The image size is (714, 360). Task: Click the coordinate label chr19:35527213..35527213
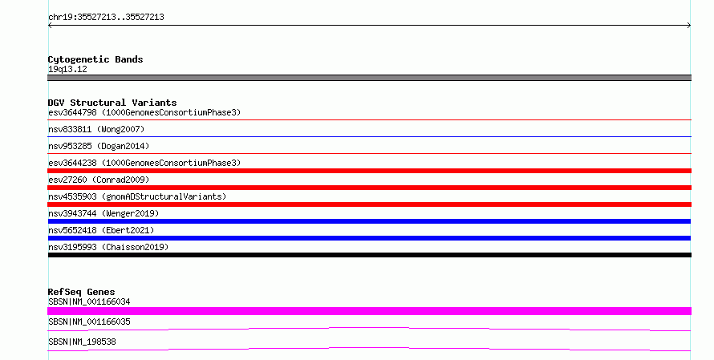click(x=106, y=18)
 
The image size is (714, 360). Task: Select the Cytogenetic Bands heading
click(x=95, y=59)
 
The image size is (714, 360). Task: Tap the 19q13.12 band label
click(x=67, y=69)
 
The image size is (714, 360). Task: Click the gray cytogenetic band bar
click(x=369, y=78)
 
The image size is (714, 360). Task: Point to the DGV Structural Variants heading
click(x=112, y=103)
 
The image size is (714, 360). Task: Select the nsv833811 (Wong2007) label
click(x=96, y=129)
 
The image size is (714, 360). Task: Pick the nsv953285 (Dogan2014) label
click(x=99, y=146)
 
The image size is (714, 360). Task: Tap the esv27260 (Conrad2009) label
click(x=99, y=180)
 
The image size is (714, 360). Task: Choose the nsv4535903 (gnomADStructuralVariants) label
click(x=137, y=196)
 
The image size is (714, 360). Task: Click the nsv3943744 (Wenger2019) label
click(x=103, y=213)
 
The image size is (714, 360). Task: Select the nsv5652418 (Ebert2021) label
click(x=101, y=230)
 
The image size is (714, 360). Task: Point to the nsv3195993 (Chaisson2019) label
click(x=108, y=247)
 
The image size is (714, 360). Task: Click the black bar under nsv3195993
click(x=370, y=255)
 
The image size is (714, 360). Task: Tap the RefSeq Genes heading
click(x=82, y=292)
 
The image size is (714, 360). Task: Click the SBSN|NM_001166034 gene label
click(x=89, y=301)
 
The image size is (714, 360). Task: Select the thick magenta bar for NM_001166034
click(x=369, y=311)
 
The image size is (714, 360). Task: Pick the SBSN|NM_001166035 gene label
click(x=89, y=322)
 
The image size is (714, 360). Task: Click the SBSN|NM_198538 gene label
click(x=82, y=342)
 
